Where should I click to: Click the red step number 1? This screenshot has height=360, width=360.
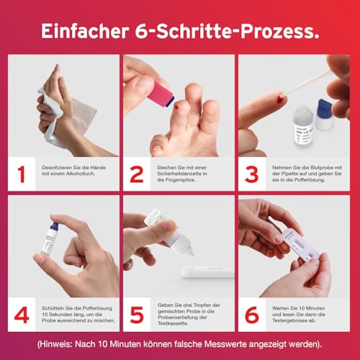[x=21, y=174]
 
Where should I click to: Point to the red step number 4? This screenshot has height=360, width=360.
[x=21, y=314]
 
